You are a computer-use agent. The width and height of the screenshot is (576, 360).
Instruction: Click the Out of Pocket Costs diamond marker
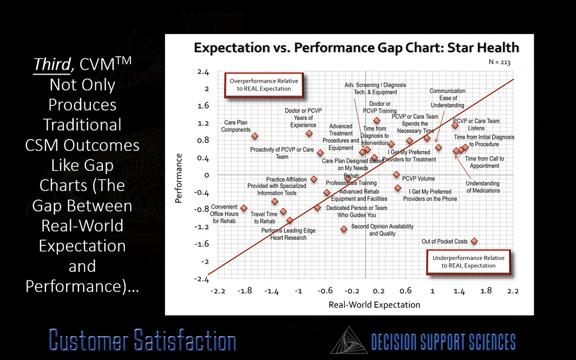[474, 241]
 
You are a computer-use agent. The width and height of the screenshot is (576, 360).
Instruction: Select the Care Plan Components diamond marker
[255, 136]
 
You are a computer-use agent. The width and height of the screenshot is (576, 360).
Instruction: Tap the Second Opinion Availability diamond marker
[343, 229]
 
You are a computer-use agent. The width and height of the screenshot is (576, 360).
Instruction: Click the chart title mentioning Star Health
[356, 48]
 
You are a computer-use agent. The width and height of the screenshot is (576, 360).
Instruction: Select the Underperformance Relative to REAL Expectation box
[468, 262]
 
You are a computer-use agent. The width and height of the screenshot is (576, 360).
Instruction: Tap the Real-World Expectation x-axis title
[374, 305]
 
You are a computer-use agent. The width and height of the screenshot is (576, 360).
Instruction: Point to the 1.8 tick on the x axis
[486, 291]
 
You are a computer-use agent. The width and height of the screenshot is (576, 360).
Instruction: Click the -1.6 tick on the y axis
[203, 244]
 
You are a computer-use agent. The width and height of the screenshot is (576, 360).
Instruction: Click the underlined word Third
[52, 64]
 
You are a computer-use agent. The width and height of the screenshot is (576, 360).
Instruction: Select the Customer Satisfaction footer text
[143, 341]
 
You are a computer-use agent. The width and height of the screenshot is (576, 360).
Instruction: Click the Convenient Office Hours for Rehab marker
[244, 208]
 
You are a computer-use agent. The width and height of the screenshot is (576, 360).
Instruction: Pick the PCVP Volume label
[418, 179]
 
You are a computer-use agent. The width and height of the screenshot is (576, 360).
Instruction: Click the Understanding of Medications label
[483, 187]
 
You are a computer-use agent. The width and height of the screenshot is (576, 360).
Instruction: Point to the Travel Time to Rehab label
[264, 218]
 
